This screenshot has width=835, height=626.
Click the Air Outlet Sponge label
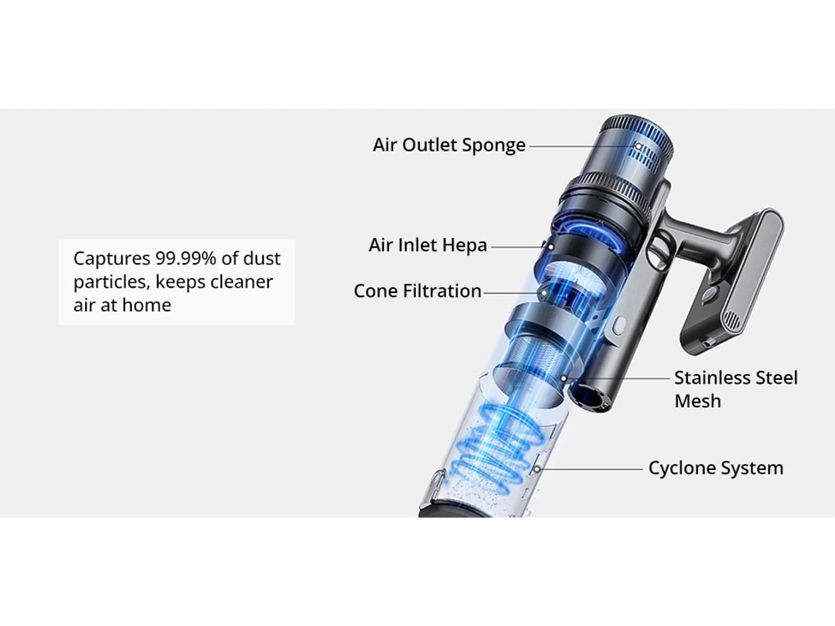(449, 145)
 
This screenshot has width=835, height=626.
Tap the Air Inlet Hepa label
(428, 245)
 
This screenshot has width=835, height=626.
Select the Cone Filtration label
(417, 291)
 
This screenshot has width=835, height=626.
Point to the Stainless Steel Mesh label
(736, 389)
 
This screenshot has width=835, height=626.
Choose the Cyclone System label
(716, 468)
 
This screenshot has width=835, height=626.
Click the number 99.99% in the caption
(186, 258)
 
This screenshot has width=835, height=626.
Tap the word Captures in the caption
(112, 258)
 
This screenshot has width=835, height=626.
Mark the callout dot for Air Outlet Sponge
(639, 146)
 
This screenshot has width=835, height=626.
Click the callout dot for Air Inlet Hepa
(551, 247)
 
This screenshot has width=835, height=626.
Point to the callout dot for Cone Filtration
(544, 293)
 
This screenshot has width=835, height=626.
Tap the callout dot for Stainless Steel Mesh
(564, 379)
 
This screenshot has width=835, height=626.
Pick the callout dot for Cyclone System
(538, 469)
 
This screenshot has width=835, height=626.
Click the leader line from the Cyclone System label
(592, 469)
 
